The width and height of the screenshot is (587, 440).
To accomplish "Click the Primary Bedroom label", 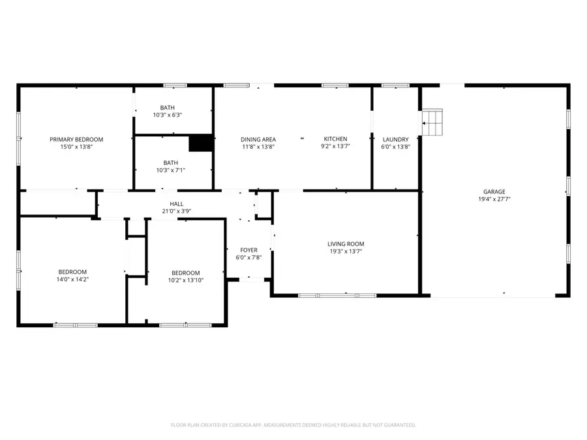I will (x=76, y=139).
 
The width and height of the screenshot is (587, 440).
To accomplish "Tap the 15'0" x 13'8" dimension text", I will (x=76, y=147).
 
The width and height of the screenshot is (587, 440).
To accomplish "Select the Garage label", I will (x=494, y=192).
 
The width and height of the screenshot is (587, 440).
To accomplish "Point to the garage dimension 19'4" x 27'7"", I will (x=494, y=199).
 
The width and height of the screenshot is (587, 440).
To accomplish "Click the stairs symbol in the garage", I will (x=432, y=122).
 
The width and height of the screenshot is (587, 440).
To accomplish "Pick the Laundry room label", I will (x=395, y=139).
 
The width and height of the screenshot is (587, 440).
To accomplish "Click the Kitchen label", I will (x=336, y=139).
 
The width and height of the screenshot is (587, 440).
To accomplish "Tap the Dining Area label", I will (x=258, y=139).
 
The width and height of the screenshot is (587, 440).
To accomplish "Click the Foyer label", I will (x=248, y=250).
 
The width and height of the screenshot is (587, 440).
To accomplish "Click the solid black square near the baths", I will (x=201, y=143).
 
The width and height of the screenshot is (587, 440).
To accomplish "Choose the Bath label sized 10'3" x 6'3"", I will (x=168, y=108).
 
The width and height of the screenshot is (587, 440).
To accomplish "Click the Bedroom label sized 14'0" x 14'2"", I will (x=72, y=272).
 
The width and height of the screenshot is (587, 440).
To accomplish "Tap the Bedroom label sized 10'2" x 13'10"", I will (x=185, y=273).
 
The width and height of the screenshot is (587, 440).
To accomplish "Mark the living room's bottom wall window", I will (x=337, y=295).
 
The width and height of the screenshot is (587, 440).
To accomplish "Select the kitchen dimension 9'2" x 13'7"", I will (x=336, y=147).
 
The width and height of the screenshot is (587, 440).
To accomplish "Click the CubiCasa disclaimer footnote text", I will (x=293, y=425).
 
